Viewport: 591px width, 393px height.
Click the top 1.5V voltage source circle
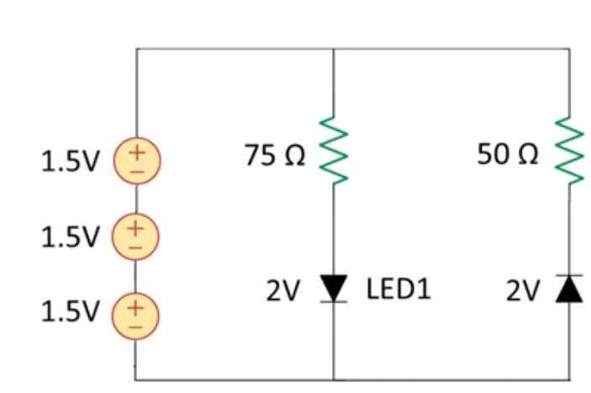point(135,160)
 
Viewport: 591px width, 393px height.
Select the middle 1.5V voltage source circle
point(135,236)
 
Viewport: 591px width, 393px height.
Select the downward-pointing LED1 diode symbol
point(334,288)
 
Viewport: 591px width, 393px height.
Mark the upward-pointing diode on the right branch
point(569,288)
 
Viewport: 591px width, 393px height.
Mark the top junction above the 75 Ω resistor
point(334,49)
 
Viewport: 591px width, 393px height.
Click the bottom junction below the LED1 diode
point(334,380)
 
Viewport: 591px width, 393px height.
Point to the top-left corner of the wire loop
point(137,49)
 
